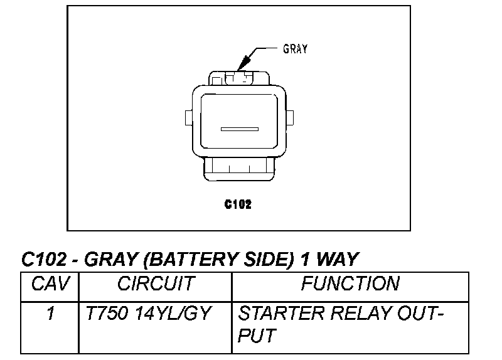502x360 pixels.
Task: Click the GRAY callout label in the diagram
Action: tap(295, 49)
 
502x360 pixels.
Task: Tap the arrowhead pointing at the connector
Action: tap(243, 63)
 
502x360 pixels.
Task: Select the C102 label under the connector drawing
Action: tap(238, 204)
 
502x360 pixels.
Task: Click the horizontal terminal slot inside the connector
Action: tap(240, 129)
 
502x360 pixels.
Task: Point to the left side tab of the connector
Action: tap(188, 117)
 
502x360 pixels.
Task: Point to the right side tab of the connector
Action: tap(291, 117)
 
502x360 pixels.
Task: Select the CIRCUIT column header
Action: tap(156, 284)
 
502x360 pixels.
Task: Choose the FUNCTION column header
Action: tap(350, 284)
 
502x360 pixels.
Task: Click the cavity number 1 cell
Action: tap(50, 314)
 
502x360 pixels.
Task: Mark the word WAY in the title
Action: tap(337, 259)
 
